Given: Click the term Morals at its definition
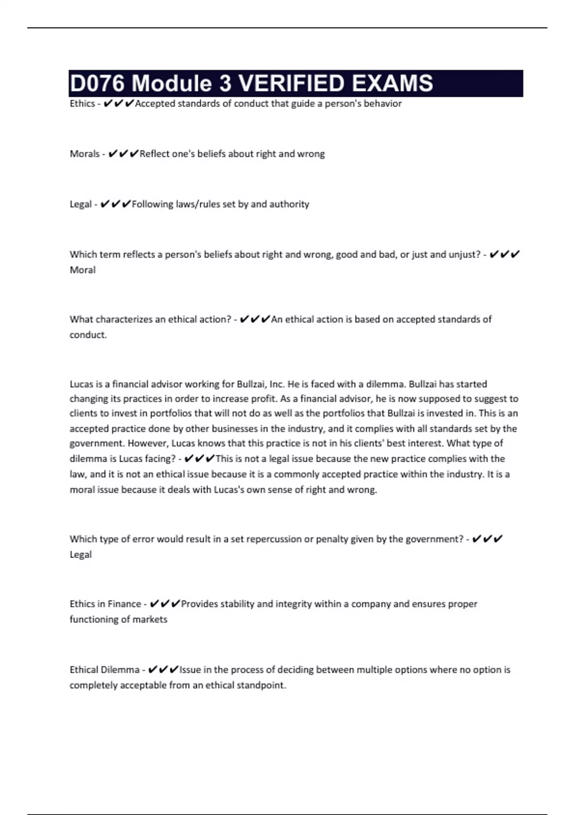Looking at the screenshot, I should coord(84,154).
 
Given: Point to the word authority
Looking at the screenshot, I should coord(289,204).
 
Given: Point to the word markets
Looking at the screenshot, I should coord(150,619).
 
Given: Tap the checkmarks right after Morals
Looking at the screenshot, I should coord(123,154).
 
